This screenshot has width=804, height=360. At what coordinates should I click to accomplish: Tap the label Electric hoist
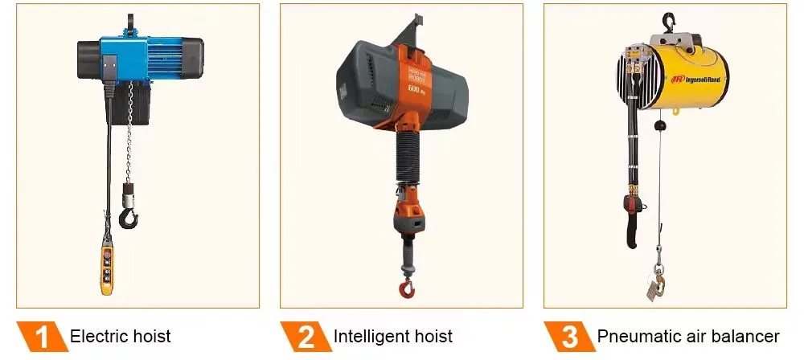121,336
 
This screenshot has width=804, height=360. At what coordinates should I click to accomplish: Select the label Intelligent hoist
393,336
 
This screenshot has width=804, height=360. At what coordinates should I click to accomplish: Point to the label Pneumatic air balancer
688,336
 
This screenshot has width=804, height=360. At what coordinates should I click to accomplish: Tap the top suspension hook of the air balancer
667,22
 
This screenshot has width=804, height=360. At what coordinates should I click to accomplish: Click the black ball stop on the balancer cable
658,125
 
